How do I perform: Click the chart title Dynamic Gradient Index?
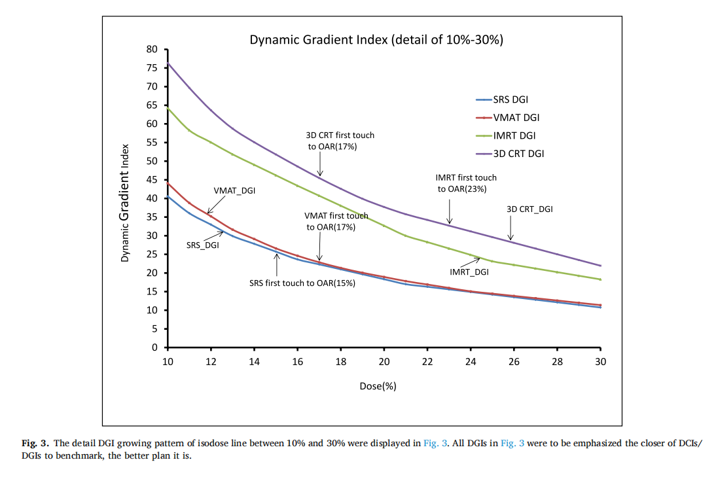click(376, 40)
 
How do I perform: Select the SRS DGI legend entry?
click(511, 99)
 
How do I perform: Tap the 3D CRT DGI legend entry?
click(518, 154)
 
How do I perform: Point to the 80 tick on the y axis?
click(153, 49)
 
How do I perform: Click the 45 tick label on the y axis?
click(153, 180)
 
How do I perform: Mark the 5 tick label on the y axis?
click(155, 329)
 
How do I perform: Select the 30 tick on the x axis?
click(600, 362)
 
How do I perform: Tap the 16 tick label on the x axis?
click(297, 362)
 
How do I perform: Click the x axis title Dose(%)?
click(378, 386)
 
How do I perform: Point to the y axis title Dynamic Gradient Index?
click(124, 203)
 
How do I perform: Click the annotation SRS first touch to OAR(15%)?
click(302, 284)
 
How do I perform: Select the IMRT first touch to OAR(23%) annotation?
click(466, 183)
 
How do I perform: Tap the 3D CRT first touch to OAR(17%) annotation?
click(340, 141)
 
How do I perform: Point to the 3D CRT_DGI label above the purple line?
click(530, 209)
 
